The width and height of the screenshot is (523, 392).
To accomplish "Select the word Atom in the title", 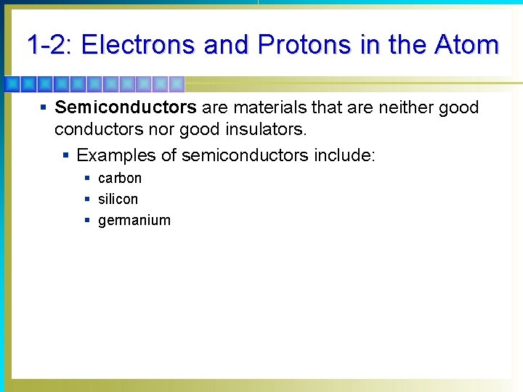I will pyautogui.click(x=466, y=45).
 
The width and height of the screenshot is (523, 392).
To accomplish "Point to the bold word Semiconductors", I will pyautogui.click(x=126, y=108).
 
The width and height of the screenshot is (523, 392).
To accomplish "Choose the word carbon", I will pyautogui.click(x=120, y=178).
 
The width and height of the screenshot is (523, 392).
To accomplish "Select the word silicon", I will pyautogui.click(x=118, y=199).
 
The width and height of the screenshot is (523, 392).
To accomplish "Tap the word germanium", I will pyautogui.click(x=134, y=221).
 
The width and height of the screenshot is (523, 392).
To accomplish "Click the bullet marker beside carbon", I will pyautogui.click(x=87, y=178).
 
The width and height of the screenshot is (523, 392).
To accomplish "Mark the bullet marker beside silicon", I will pyautogui.click(x=87, y=199).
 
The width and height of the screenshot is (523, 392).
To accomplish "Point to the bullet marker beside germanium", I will pyautogui.click(x=87, y=220).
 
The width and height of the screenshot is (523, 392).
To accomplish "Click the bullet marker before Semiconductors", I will pyautogui.click(x=44, y=108).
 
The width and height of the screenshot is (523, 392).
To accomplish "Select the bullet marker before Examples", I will pyautogui.click(x=66, y=155).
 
